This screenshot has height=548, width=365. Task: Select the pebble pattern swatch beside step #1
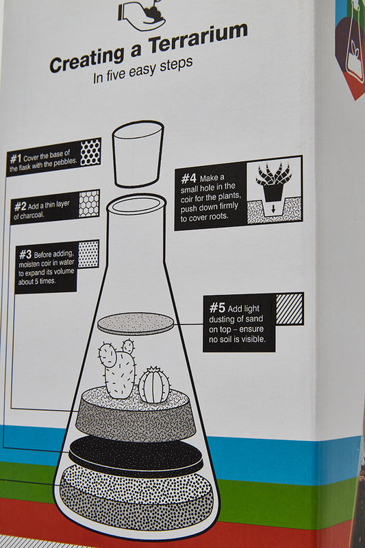(90, 152)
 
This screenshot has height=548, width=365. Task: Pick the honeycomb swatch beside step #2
(88, 204)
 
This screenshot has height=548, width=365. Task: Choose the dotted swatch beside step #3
(88, 254)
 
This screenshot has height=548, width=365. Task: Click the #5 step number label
(217, 308)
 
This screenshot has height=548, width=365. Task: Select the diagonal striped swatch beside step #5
(289, 309)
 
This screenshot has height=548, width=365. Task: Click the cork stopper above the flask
(138, 154)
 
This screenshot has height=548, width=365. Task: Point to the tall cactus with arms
(118, 368)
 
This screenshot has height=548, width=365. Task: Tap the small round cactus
(154, 385)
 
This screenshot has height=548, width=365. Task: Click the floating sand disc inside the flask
(136, 322)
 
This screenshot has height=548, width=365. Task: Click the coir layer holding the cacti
(135, 418)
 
